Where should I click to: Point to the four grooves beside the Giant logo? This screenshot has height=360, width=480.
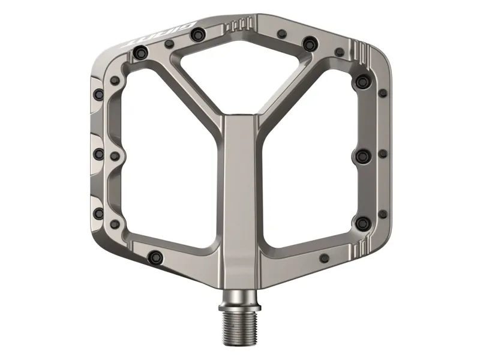[239, 25]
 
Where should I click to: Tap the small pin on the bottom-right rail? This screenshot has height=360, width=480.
[325, 258]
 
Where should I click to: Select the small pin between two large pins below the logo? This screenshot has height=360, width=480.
[170, 43]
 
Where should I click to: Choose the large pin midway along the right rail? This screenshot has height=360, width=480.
[362, 156]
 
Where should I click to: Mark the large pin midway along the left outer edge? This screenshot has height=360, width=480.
[98, 154]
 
